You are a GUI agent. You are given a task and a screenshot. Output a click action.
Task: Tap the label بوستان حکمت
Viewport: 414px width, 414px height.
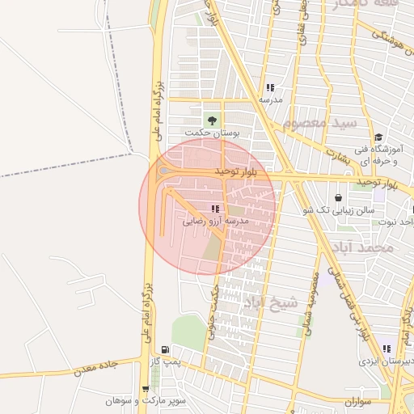click(x=213, y=133)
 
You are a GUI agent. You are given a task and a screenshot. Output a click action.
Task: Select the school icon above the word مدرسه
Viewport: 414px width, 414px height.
click(x=270, y=87)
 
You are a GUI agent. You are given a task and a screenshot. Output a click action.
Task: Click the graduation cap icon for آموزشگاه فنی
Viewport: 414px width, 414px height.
click(x=378, y=137)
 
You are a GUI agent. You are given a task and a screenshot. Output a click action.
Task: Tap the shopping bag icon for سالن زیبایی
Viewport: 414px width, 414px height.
click(x=337, y=197)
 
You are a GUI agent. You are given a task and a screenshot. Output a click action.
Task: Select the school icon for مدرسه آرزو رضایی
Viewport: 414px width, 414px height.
click(x=214, y=209)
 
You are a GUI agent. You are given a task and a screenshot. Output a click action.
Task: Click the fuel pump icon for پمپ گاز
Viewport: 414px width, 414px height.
click(x=166, y=349)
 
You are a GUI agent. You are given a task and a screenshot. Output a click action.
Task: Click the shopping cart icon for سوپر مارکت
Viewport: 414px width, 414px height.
click(x=146, y=389)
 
